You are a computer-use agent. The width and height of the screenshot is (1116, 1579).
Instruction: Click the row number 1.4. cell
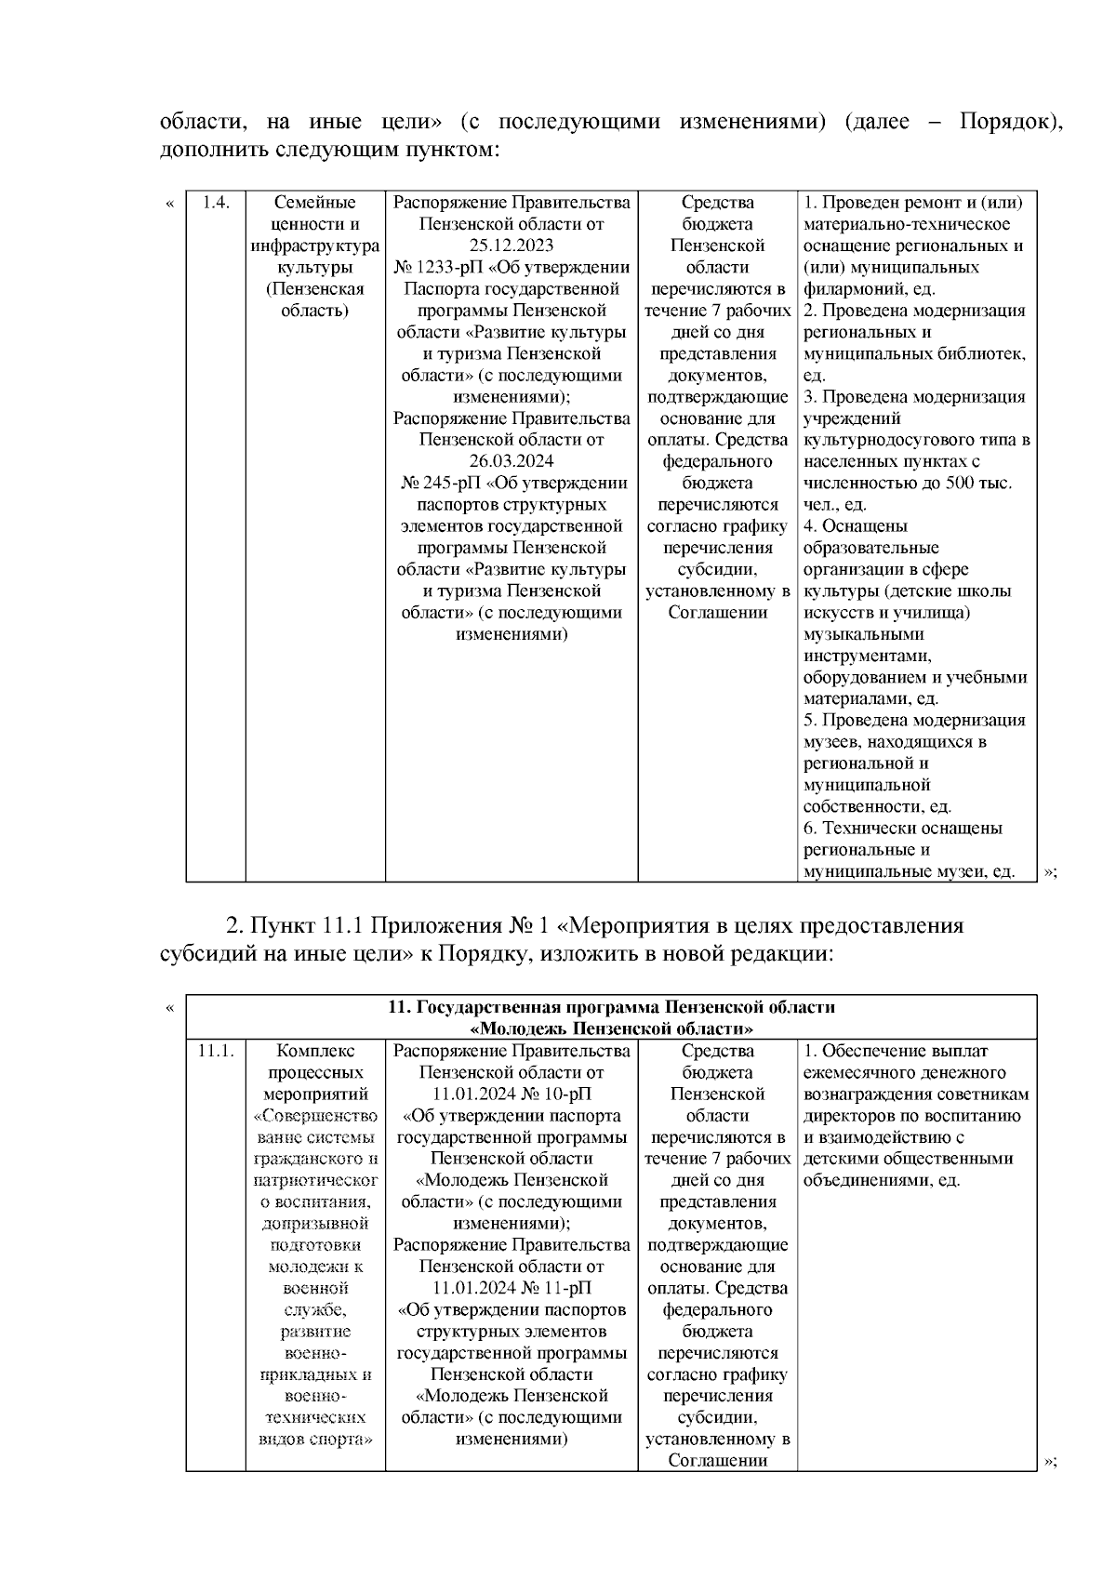pyautogui.click(x=216, y=203)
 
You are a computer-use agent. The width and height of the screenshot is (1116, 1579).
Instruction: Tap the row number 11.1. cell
pyautogui.click(x=216, y=1051)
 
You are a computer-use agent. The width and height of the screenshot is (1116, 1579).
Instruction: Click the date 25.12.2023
pyautogui.click(x=511, y=245)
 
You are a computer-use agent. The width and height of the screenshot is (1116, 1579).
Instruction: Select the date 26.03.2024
pyautogui.click(x=511, y=461)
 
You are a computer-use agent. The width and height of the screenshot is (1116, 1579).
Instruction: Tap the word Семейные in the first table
pyautogui.click(x=315, y=203)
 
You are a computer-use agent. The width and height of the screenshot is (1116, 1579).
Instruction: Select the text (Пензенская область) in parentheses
pyautogui.click(x=315, y=299)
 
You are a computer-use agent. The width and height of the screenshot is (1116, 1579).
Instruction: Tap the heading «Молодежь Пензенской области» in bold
pyautogui.click(x=612, y=1028)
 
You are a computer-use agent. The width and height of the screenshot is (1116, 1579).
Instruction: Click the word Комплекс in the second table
pyautogui.click(x=315, y=1051)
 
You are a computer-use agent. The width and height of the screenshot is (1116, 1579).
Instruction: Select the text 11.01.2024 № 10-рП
pyautogui.click(x=511, y=1094)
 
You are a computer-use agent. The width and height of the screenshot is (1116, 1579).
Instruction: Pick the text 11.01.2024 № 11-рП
pyautogui.click(x=511, y=1288)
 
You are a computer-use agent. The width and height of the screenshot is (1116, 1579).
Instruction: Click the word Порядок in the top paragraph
pyautogui.click(x=1009, y=123)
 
